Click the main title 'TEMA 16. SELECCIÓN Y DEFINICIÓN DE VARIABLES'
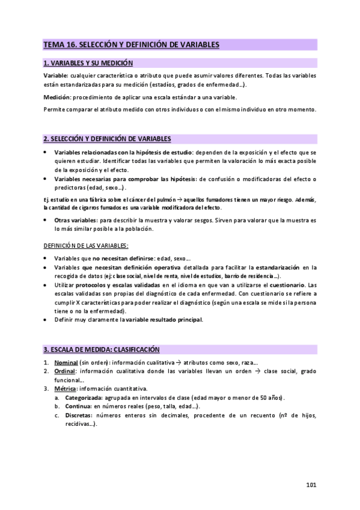131,45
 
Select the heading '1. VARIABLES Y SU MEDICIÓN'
88,63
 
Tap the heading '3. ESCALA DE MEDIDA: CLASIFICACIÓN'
101,349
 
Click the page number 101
311,485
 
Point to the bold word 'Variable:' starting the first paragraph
56,76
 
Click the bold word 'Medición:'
57,97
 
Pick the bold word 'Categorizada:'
84,398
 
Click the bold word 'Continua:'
78,407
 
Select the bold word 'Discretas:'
79,416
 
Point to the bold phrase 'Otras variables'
76,221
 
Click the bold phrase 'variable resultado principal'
163,319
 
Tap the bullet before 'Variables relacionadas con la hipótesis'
46,153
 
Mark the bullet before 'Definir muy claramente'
46,319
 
